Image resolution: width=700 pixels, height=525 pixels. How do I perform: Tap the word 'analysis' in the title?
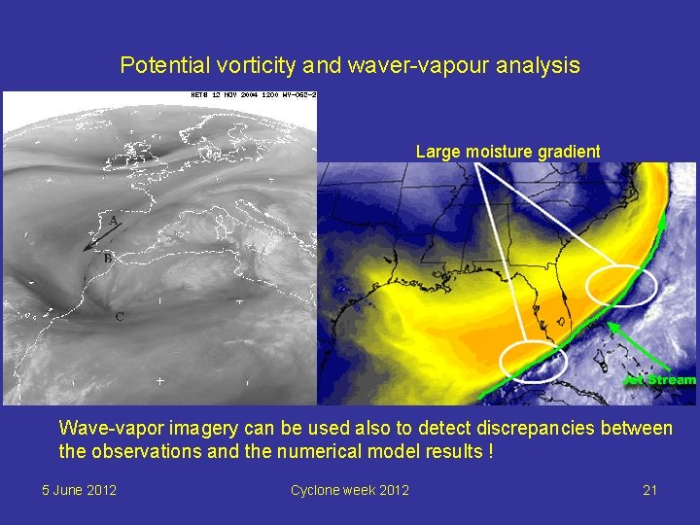coord(540,66)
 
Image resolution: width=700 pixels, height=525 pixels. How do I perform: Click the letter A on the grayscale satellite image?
coord(114,222)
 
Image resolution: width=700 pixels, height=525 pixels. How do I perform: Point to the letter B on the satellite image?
coord(107,258)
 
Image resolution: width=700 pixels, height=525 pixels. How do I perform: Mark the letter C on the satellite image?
coord(119,317)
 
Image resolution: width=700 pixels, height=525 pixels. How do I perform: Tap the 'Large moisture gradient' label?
coord(507,152)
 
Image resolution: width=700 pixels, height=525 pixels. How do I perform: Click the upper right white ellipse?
coord(622,285)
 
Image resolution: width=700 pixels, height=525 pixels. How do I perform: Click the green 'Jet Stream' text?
coord(660,380)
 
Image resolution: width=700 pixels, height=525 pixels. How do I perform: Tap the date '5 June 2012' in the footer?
coord(79,490)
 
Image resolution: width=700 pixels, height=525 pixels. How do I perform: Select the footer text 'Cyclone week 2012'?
coord(349,490)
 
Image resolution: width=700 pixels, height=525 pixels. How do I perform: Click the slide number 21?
coord(649,490)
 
